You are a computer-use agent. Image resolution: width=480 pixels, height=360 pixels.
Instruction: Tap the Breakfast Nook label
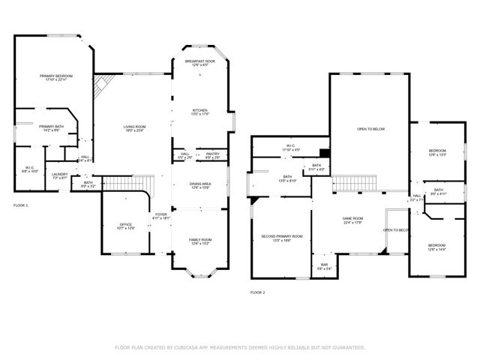coord(200,63)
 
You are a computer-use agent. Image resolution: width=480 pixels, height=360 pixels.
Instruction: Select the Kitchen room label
coord(200,111)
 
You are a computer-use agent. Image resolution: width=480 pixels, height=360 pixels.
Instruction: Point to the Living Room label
coord(134,128)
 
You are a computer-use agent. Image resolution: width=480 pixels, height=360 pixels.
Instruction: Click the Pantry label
coord(212,155)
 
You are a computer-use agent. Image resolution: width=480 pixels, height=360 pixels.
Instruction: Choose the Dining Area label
coord(200,184)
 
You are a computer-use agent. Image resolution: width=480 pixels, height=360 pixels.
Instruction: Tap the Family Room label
coord(200,240)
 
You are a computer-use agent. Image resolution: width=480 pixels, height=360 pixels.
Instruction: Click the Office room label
coord(125,226)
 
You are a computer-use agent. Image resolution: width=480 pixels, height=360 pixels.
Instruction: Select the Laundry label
coord(60,175)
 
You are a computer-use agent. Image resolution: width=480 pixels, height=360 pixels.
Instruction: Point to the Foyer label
coord(161,216)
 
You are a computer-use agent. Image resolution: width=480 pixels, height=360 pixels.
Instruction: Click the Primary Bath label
coord(52,127)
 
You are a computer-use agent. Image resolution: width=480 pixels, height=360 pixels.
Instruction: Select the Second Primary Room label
coord(282,237)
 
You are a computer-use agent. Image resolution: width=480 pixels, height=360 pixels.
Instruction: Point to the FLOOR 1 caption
coord(21,205)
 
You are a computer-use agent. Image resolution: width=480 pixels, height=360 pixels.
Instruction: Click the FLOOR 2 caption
coord(257,292)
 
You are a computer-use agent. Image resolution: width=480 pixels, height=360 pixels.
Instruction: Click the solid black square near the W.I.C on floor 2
coord(323,150)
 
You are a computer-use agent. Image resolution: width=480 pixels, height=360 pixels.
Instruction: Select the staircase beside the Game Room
coord(347,183)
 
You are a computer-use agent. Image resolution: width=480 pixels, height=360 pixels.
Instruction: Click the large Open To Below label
coord(370,129)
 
